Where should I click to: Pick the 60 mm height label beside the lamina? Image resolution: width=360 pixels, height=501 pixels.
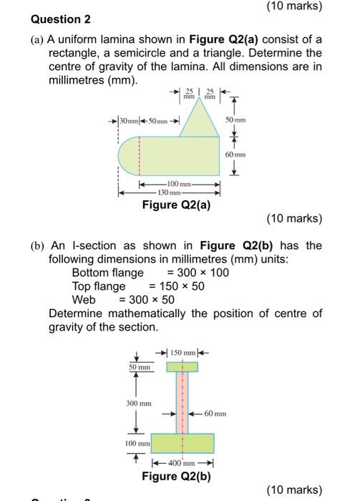point(235,155)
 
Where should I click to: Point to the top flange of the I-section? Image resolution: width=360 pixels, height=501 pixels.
point(182,367)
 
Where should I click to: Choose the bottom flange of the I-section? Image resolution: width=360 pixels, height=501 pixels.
point(182,443)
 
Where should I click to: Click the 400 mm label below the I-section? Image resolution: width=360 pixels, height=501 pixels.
point(182,463)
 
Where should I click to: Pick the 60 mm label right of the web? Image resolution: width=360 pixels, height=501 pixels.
point(215,414)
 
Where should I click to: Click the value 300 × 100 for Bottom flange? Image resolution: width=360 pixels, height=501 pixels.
point(198,273)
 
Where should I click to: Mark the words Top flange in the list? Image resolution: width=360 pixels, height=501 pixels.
point(99,286)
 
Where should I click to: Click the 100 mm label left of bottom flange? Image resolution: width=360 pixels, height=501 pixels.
point(138,444)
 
